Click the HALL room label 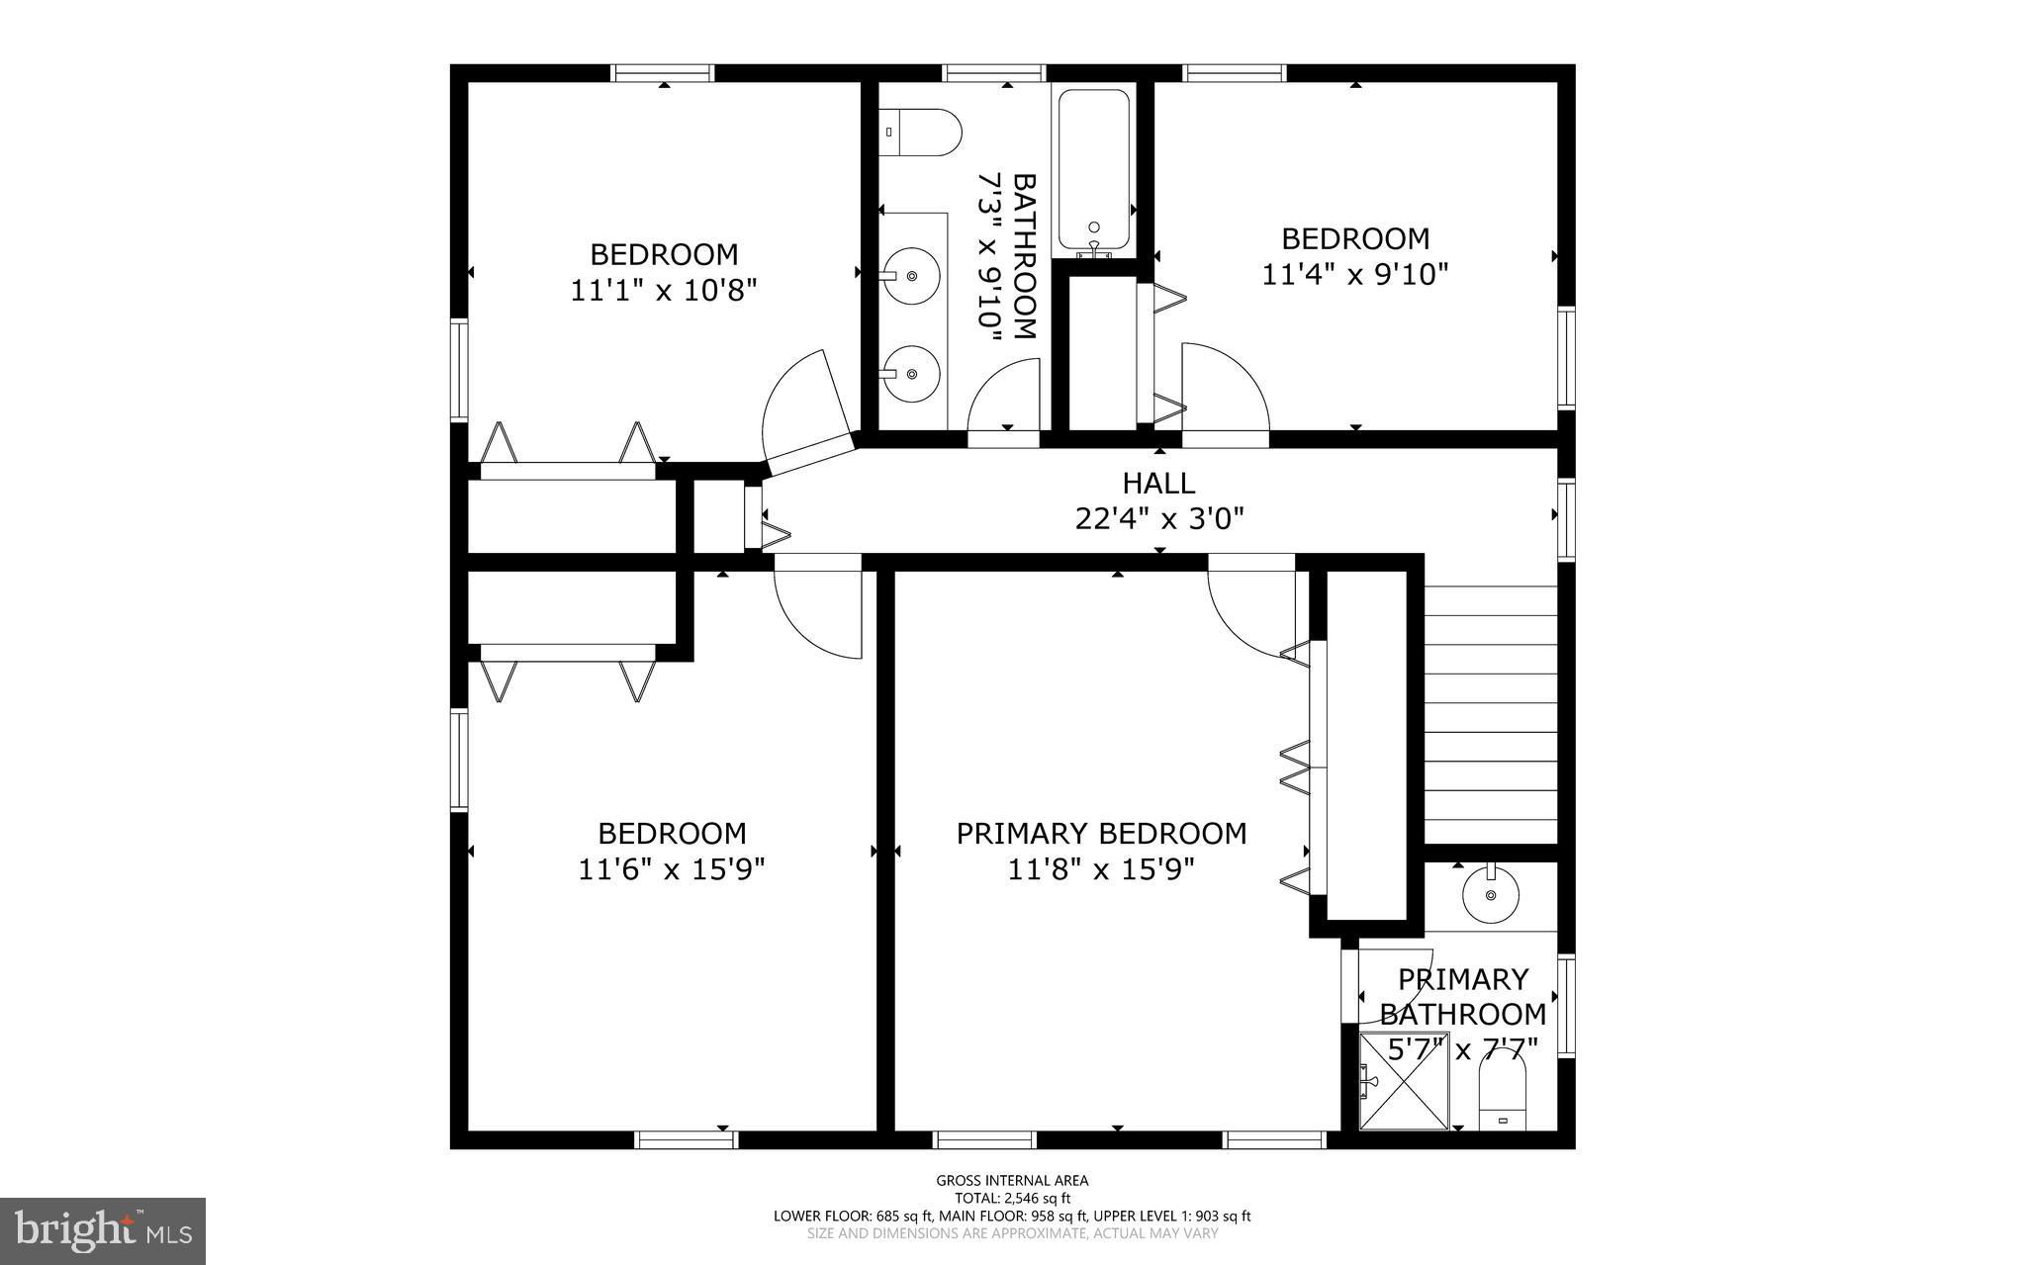[1158, 483]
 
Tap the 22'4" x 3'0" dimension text [1158, 518]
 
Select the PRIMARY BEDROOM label [1101, 834]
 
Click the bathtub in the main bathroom [1093, 170]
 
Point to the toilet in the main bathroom [922, 132]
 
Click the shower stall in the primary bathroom [1403, 1080]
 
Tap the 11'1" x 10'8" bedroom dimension [664, 291]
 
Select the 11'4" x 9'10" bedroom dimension [1354, 274]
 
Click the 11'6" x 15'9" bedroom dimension [671, 869]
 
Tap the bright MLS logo [102, 1229]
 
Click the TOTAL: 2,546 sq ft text [1012, 1198]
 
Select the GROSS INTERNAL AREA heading [1012, 1180]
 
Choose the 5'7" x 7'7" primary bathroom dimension [1462, 1049]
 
